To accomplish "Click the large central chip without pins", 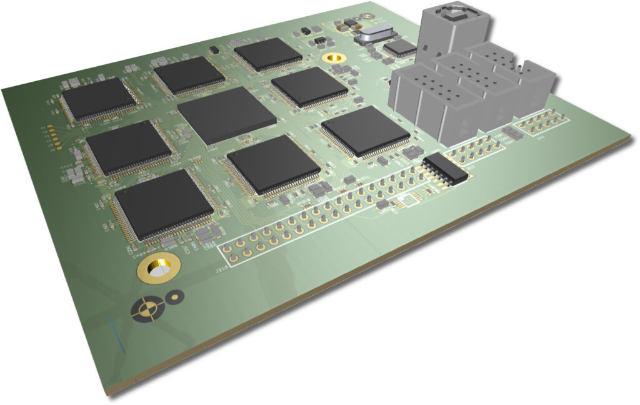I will (x=226, y=115).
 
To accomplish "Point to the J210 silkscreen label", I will (x=220, y=271).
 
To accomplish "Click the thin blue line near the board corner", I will (x=117, y=336).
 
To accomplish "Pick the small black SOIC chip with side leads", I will (x=445, y=169).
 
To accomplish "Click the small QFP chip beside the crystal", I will (x=400, y=47).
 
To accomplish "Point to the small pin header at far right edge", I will (x=542, y=122).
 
